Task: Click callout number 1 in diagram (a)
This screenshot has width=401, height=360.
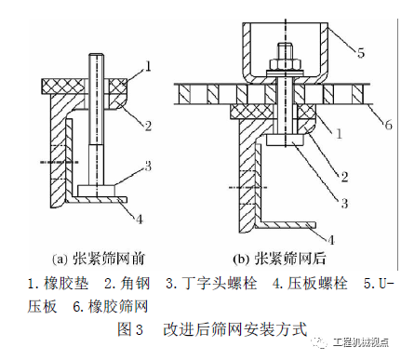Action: click(148, 66)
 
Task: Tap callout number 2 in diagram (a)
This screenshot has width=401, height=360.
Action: click(148, 126)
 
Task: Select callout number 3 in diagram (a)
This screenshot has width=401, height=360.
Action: click(148, 166)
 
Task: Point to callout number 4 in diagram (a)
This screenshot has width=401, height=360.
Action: click(140, 219)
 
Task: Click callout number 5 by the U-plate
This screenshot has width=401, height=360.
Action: click(361, 52)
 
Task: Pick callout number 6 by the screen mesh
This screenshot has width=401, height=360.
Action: click(388, 125)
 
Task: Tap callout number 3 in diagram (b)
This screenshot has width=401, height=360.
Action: click(344, 204)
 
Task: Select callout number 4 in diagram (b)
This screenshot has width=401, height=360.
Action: click(331, 240)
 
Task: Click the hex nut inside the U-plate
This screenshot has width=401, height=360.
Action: click(286, 64)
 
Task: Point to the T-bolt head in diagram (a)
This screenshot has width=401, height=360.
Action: click(97, 190)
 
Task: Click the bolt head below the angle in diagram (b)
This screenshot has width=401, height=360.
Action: click(286, 140)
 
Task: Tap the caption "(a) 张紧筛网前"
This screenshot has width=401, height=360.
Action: click(99, 259)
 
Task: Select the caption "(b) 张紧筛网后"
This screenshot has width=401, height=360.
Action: click(279, 259)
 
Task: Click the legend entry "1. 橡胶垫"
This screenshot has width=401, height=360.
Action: click(58, 284)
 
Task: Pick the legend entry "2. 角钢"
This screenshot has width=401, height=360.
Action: click(127, 284)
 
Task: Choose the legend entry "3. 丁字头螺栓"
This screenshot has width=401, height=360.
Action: click(211, 284)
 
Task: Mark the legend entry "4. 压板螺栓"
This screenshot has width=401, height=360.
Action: click(310, 284)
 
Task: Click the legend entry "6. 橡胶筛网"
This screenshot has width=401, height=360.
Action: click(111, 306)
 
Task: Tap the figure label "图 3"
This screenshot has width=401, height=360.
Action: click(130, 329)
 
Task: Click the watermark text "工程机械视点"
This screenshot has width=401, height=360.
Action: click(361, 342)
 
